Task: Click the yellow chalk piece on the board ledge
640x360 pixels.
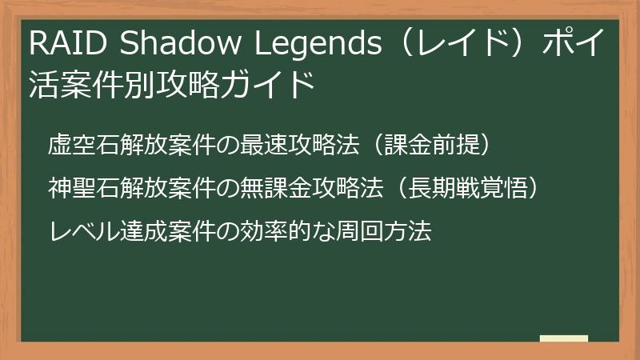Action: click(x=563, y=338)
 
